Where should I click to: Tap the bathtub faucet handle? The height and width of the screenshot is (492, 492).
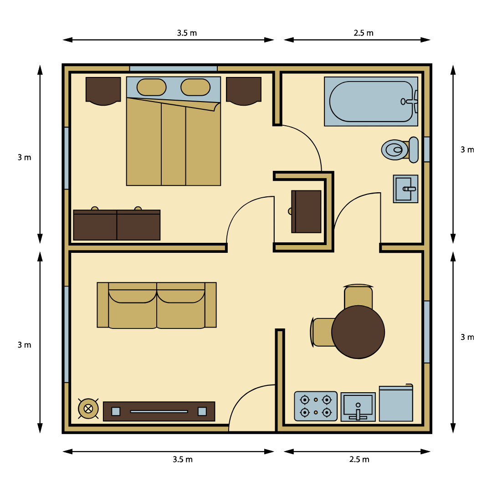pos(410,101)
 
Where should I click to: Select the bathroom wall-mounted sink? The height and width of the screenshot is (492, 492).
pos(405,189)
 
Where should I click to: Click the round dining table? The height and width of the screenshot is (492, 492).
pos(358,332)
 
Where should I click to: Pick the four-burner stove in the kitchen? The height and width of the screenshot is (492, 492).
pos(316,406)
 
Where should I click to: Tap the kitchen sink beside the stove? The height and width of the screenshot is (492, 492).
pos(358,407)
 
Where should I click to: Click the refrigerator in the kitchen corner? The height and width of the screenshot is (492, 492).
pos(396,403)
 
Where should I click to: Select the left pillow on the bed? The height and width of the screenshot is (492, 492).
pos(152,87)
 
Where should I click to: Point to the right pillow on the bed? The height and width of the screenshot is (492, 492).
pos(195,87)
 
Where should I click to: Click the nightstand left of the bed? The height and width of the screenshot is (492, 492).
pos(103,91)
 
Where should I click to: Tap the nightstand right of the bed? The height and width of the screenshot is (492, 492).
pos(244,91)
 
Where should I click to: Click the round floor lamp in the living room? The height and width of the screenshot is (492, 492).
pos(88,409)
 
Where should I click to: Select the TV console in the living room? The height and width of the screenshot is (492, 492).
pos(159,411)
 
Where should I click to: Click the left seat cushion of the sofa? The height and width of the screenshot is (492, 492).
pos(133,309)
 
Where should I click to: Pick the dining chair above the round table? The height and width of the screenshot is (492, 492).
pos(359,296)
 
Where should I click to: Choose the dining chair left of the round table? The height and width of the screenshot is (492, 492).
pos(322,332)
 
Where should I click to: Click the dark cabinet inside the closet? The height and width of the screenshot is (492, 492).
pos(306,211)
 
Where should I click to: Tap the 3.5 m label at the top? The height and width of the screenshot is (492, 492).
pos(187,33)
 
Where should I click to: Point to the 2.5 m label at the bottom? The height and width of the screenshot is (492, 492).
pos(359,460)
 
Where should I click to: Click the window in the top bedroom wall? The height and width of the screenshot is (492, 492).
pos(174,68)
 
